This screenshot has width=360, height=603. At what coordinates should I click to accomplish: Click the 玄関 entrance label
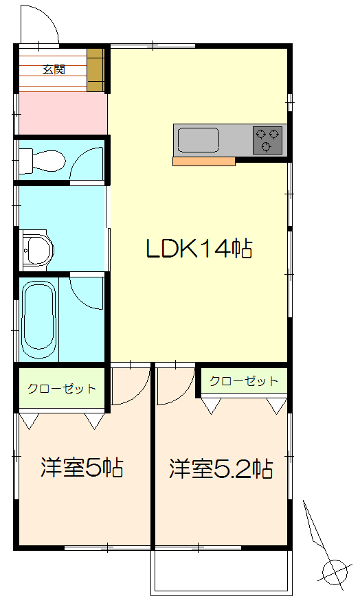(54, 69)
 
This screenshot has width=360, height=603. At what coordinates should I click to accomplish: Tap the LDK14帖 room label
(199, 248)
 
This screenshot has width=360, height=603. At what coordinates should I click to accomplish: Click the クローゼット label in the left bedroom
(62, 389)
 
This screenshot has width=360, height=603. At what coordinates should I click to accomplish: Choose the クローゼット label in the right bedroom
(244, 381)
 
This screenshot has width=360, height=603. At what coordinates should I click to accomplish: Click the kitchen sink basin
(198, 141)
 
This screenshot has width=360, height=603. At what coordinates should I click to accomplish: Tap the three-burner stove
(268, 140)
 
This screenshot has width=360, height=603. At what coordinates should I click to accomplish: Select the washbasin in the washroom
(37, 247)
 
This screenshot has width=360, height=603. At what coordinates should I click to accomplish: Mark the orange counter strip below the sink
(204, 162)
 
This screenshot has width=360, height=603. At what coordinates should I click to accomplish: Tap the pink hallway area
(62, 113)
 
